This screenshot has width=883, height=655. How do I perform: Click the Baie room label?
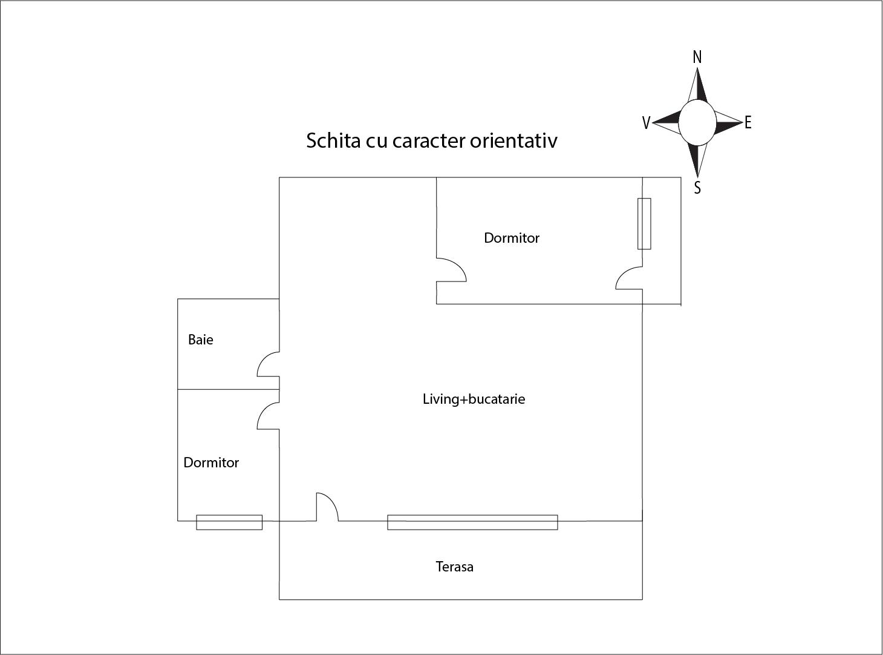pos(201,340)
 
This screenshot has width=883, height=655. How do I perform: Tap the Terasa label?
pos(455,567)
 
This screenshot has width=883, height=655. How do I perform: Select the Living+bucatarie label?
pos(474,399)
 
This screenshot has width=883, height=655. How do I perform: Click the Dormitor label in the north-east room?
pos(512,238)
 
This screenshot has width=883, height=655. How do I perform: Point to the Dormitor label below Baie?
pos(211,462)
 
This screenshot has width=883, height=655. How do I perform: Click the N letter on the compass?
pos(697,57)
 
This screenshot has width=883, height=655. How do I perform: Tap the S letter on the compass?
pos(697,188)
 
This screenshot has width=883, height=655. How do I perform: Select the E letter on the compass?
pos(748,122)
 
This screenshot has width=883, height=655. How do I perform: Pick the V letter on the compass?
pos(646,123)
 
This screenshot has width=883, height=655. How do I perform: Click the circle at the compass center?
pos(697,123)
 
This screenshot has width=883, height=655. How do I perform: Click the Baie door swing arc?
pos(268,364)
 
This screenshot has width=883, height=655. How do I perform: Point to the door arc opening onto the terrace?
pos(327,507)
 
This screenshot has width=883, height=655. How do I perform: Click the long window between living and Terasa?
pos(472,522)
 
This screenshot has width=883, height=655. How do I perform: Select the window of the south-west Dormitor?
pos(229,522)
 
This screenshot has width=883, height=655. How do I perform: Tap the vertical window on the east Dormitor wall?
pos(644,223)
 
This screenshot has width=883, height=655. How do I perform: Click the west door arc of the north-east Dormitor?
pos(451,270)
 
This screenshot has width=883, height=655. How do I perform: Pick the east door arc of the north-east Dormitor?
pos(629,278)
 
